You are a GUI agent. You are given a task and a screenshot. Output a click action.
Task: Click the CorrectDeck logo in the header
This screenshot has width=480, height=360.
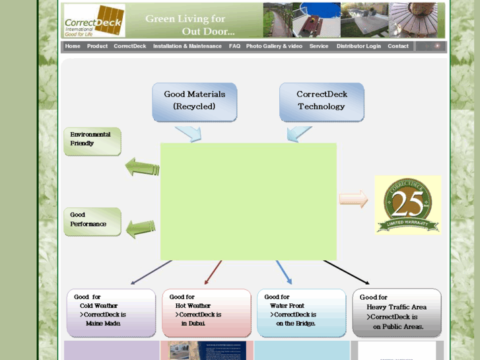coord(94,20)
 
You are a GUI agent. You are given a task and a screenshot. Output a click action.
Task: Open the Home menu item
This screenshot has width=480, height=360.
coord(73,46)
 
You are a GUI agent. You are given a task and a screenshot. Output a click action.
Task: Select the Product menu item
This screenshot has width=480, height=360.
coord(97,46)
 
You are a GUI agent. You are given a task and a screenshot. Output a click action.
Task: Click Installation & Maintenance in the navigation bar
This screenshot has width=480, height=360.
coord(188,46)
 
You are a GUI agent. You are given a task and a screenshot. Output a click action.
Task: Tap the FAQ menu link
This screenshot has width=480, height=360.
coord(234,46)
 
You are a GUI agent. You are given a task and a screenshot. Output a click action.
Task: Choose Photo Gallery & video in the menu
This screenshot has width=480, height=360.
coord(274,46)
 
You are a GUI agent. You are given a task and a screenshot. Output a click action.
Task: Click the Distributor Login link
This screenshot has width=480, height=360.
coord(359,46)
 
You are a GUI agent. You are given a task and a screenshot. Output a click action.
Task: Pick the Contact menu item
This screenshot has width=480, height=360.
coord(398,46)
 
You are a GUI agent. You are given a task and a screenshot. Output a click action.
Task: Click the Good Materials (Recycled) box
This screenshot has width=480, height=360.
coord(194,101)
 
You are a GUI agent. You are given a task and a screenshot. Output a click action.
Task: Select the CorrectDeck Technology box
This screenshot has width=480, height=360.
coord(322,101)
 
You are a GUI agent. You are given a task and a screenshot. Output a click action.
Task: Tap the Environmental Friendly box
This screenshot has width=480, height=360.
coord(92,141)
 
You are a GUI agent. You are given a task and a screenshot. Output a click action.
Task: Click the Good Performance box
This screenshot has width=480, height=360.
coord(92,221)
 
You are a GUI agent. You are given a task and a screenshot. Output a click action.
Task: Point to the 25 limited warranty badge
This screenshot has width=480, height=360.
coord(407,205)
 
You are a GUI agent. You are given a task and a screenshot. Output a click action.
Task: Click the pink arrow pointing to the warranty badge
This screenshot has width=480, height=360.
coord(353,199)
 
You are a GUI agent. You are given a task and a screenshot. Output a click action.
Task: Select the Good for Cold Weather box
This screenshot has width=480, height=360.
coord(111,312)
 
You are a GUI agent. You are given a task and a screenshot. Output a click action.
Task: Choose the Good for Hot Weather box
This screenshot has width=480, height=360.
coord(207,312)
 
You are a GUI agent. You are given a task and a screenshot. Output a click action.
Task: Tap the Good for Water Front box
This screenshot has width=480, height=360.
coord(301,312)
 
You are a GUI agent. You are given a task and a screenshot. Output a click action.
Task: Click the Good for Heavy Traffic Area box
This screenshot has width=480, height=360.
coord(397,312)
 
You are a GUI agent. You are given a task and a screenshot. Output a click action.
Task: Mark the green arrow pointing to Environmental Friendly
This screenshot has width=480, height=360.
coord(142,167)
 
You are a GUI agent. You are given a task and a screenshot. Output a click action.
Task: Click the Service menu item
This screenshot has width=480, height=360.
coord(319,46)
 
